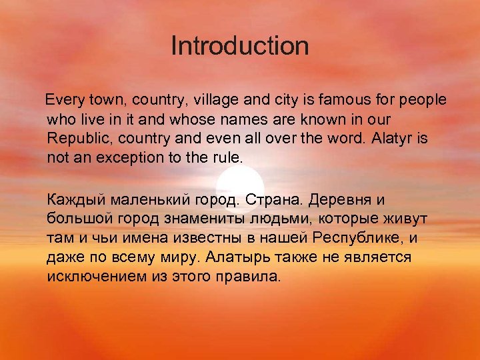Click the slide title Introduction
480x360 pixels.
pos(239,47)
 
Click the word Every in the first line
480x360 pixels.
pos(62,100)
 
